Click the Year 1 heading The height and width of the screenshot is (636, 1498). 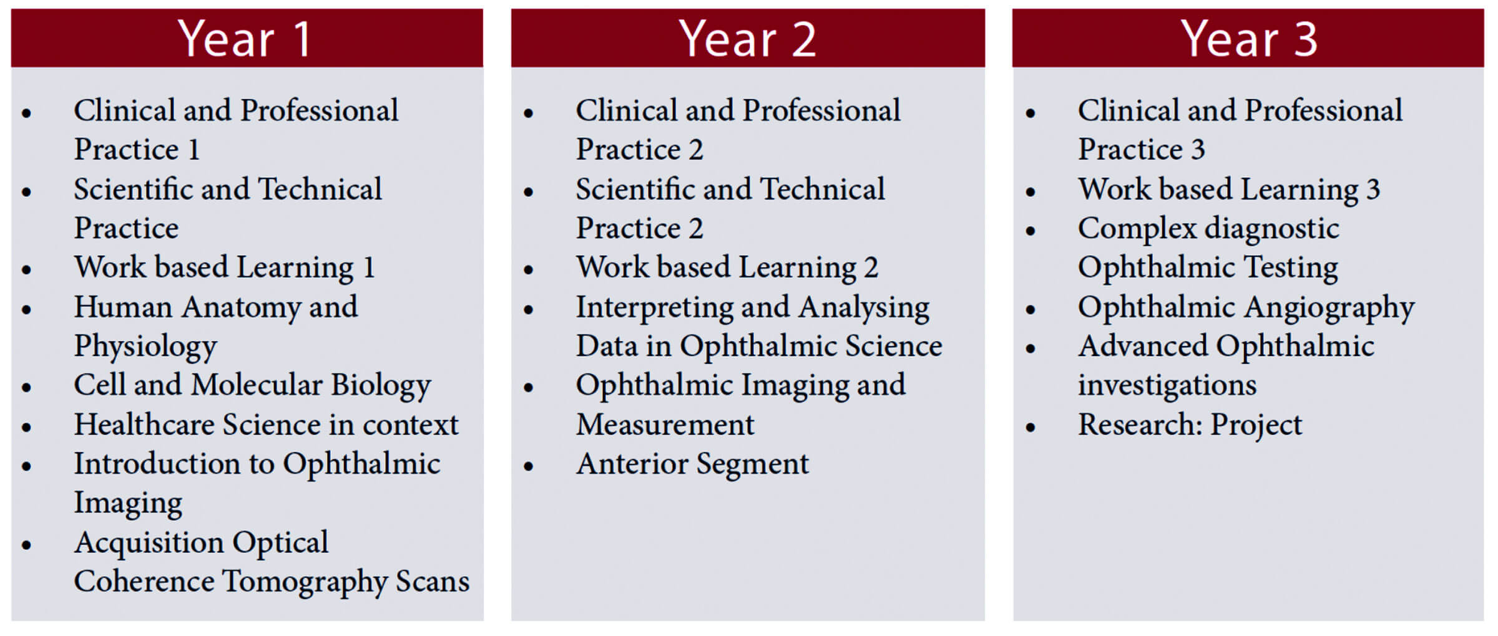[x=244, y=39]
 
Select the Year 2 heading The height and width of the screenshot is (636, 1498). [x=747, y=39]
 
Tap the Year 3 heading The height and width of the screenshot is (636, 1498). [x=1249, y=39]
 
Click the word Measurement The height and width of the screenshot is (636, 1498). [x=665, y=425]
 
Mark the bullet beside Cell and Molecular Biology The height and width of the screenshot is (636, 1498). [x=26, y=387]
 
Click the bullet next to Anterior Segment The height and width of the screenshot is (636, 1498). [x=529, y=466]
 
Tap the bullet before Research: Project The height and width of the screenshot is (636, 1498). [x=1030, y=427]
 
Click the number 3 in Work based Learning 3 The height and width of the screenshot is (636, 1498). [x=1373, y=190]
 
